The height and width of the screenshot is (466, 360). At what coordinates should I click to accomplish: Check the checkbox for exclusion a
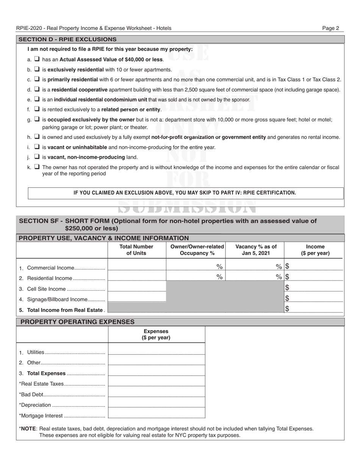pyautogui.click(x=37, y=59)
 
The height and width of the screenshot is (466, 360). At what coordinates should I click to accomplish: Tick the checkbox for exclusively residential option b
pyautogui.click(x=37, y=69)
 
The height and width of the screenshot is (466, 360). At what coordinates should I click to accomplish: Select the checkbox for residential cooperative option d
pyautogui.click(x=37, y=89)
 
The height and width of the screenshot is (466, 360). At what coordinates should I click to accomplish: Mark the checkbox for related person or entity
pyautogui.click(x=37, y=109)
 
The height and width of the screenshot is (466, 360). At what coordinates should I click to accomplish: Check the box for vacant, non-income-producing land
pyautogui.click(x=37, y=157)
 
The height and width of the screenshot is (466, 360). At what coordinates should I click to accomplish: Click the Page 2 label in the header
pyautogui.click(x=330, y=28)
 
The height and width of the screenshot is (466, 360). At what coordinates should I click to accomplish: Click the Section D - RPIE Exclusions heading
pyautogui.click(x=67, y=39)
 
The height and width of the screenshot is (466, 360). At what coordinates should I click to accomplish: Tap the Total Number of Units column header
pyautogui.click(x=136, y=250)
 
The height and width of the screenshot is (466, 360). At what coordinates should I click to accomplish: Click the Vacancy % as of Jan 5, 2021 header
pyautogui.click(x=256, y=250)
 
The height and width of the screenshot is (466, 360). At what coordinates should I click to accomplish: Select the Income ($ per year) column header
pyautogui.click(x=315, y=250)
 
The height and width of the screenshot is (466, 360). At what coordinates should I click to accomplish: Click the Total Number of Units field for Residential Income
pyautogui.click(x=137, y=277)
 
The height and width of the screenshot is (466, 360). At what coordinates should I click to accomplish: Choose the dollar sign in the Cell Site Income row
pyautogui.click(x=287, y=288)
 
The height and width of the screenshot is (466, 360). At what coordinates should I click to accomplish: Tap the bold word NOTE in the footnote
pyautogui.click(x=28, y=428)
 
